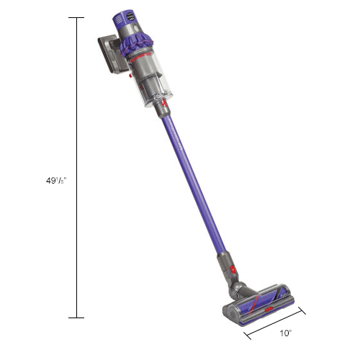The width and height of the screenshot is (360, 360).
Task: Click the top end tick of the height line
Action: click(76, 17)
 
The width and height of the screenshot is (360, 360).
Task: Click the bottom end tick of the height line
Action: click(76, 318)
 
